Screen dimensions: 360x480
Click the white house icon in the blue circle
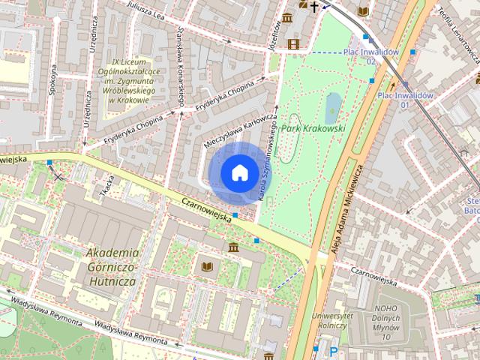238,173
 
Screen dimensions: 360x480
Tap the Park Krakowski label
313,128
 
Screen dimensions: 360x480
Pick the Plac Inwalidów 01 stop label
404,100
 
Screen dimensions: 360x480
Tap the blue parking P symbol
333,350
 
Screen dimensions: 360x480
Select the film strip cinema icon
292,44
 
